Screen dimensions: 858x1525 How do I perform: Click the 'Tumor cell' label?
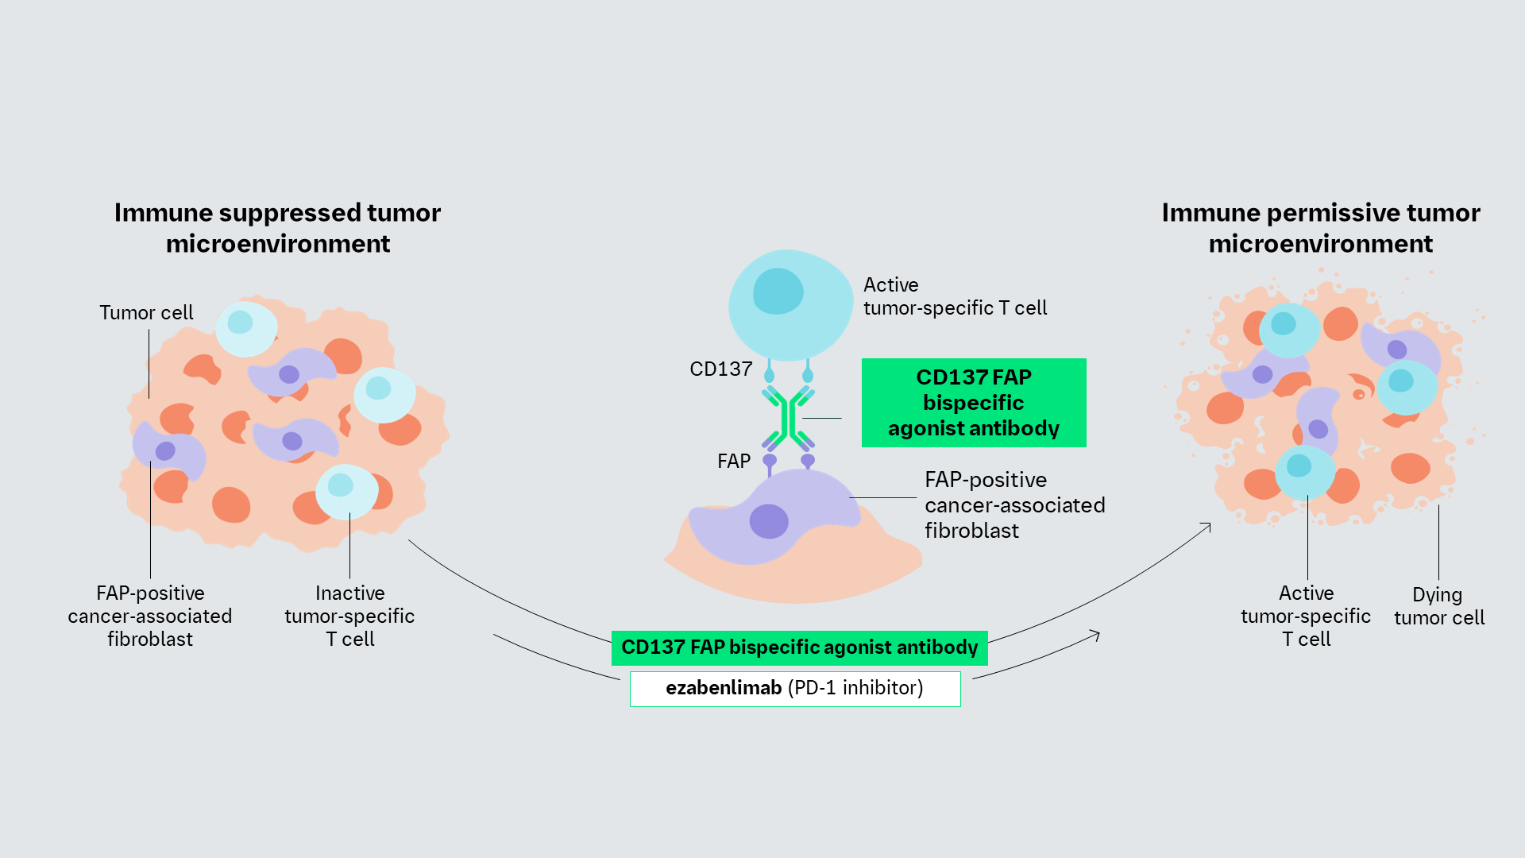[146, 312]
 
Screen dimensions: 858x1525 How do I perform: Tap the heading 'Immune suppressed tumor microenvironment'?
[277, 228]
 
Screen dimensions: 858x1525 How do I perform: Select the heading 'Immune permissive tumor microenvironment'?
[1320, 228]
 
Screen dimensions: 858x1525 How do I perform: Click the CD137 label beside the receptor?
[720, 369]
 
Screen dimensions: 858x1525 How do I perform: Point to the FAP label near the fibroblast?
[733, 461]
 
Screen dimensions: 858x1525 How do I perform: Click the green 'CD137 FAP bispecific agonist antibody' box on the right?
[974, 403]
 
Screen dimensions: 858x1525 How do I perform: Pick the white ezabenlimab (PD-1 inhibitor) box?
[795, 688]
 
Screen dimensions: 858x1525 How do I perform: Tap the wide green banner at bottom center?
[799, 647]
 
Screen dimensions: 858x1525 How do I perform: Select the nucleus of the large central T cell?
[778, 291]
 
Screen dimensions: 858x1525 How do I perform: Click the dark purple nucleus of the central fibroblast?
[769, 521]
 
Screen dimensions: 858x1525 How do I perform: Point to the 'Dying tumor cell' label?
[1438, 606]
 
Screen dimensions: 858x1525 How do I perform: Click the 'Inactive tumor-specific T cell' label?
[349, 616]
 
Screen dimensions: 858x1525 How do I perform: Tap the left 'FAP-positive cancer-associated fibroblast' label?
[150, 616]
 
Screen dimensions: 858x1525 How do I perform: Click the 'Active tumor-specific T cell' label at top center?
[955, 296]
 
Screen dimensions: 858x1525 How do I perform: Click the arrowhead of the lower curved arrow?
[1096, 634]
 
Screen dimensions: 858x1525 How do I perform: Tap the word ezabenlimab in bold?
[724, 688]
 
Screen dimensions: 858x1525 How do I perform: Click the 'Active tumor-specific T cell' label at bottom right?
[1306, 616]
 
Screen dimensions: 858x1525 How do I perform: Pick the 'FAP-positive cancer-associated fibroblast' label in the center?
[1014, 505]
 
